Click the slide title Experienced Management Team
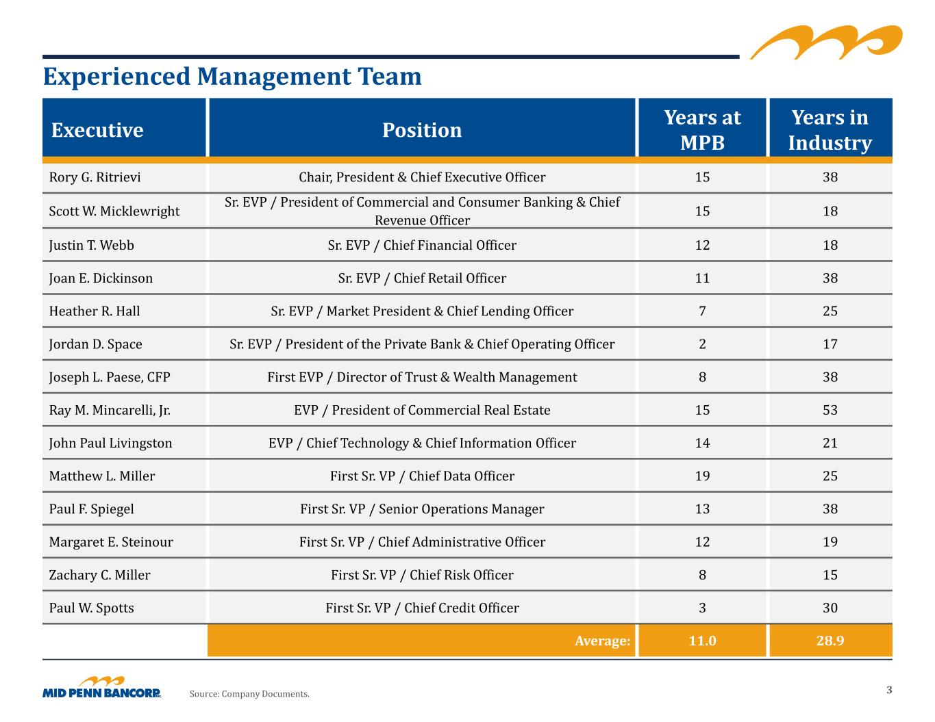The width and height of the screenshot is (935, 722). [232, 77]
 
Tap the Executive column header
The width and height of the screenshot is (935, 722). [97, 130]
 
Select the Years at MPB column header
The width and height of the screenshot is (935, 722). [702, 130]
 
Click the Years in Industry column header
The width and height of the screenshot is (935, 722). [830, 130]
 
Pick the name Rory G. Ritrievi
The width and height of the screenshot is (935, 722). [95, 177]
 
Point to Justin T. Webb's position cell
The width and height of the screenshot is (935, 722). [422, 245]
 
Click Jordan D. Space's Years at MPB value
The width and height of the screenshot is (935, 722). [702, 344]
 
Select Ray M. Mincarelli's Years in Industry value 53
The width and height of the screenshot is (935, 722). [830, 410]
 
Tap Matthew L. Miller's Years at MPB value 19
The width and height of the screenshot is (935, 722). [702, 476]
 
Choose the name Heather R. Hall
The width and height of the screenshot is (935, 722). [95, 311]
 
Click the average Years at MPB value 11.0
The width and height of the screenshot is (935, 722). [702, 641]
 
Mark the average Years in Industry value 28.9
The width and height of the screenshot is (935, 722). [830, 641]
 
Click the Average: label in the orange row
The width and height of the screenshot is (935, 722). [602, 641]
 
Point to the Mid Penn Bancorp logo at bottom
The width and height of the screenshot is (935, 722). [102, 687]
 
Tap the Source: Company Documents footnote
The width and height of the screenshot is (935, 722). [249, 694]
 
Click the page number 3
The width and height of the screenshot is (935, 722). [889, 690]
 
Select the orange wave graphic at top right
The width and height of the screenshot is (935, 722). [826, 42]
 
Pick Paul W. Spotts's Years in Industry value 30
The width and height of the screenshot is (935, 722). [830, 608]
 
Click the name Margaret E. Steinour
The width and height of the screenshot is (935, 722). [111, 541]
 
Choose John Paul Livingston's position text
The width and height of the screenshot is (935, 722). [422, 443]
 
